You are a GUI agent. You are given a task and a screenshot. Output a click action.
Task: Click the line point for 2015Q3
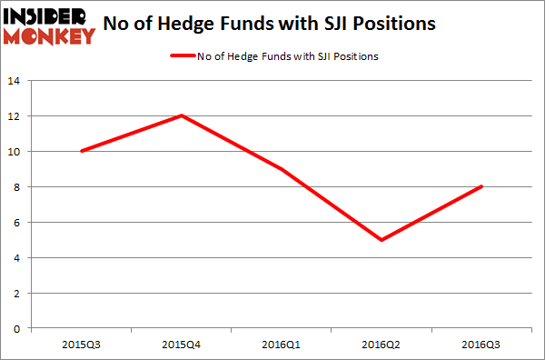point(82,151)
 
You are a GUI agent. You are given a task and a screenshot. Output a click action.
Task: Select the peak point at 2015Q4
point(183,115)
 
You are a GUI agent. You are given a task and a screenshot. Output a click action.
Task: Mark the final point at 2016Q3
point(482,187)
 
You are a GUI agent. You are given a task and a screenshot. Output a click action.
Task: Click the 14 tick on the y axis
point(15,81)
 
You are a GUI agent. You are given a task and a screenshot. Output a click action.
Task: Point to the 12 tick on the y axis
point(15,116)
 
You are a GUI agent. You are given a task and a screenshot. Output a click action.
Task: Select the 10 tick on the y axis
point(15,152)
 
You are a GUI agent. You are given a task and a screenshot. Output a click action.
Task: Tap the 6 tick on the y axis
point(18,223)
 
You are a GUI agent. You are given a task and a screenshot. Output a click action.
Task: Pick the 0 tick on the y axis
point(18,328)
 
